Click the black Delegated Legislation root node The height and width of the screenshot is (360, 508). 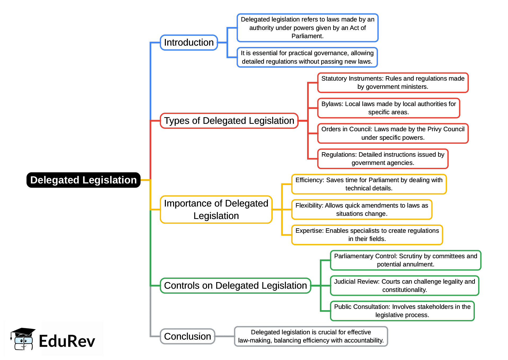83,180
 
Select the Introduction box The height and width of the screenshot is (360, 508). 189,42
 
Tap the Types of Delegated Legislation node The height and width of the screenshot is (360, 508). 229,121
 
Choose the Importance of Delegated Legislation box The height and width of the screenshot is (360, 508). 216,209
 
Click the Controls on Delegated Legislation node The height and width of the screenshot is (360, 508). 235,286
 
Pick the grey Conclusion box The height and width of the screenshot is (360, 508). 187,336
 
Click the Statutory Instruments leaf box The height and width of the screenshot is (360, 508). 393,83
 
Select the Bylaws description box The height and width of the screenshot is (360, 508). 388,108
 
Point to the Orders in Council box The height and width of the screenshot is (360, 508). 393,133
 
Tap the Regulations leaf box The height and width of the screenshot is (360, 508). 383,159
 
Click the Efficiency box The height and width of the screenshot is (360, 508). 369,184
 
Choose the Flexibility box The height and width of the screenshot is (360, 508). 362,209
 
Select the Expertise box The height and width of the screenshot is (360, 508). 367,235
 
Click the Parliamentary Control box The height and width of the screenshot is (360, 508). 405,260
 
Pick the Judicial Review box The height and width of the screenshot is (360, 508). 404,286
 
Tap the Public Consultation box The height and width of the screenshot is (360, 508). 402,311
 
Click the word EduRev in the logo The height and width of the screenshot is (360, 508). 67,341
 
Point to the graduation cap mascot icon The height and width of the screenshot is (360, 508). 23,339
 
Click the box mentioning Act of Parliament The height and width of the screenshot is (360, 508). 307,28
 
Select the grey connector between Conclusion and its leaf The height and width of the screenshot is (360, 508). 224,336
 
